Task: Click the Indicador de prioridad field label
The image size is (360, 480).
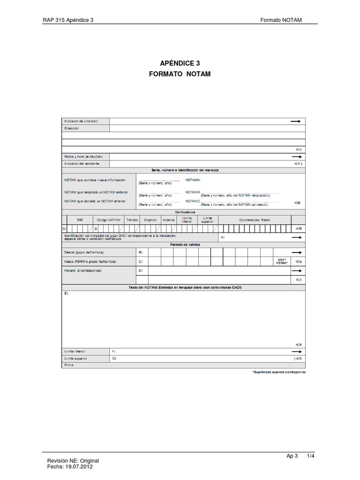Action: [x=81, y=121]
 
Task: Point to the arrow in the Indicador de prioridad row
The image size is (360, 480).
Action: [x=296, y=121]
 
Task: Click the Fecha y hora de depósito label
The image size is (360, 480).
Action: [x=83, y=156]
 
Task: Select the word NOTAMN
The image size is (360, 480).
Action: [x=193, y=180]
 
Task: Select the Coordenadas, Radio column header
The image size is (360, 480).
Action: [x=255, y=220]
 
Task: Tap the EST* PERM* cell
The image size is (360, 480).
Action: [x=281, y=262]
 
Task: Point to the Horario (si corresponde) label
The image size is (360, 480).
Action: [x=83, y=270]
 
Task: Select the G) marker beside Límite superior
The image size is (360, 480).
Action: [x=113, y=358]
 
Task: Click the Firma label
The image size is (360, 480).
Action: [x=69, y=365]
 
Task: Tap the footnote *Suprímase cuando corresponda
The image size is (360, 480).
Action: [x=279, y=372]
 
